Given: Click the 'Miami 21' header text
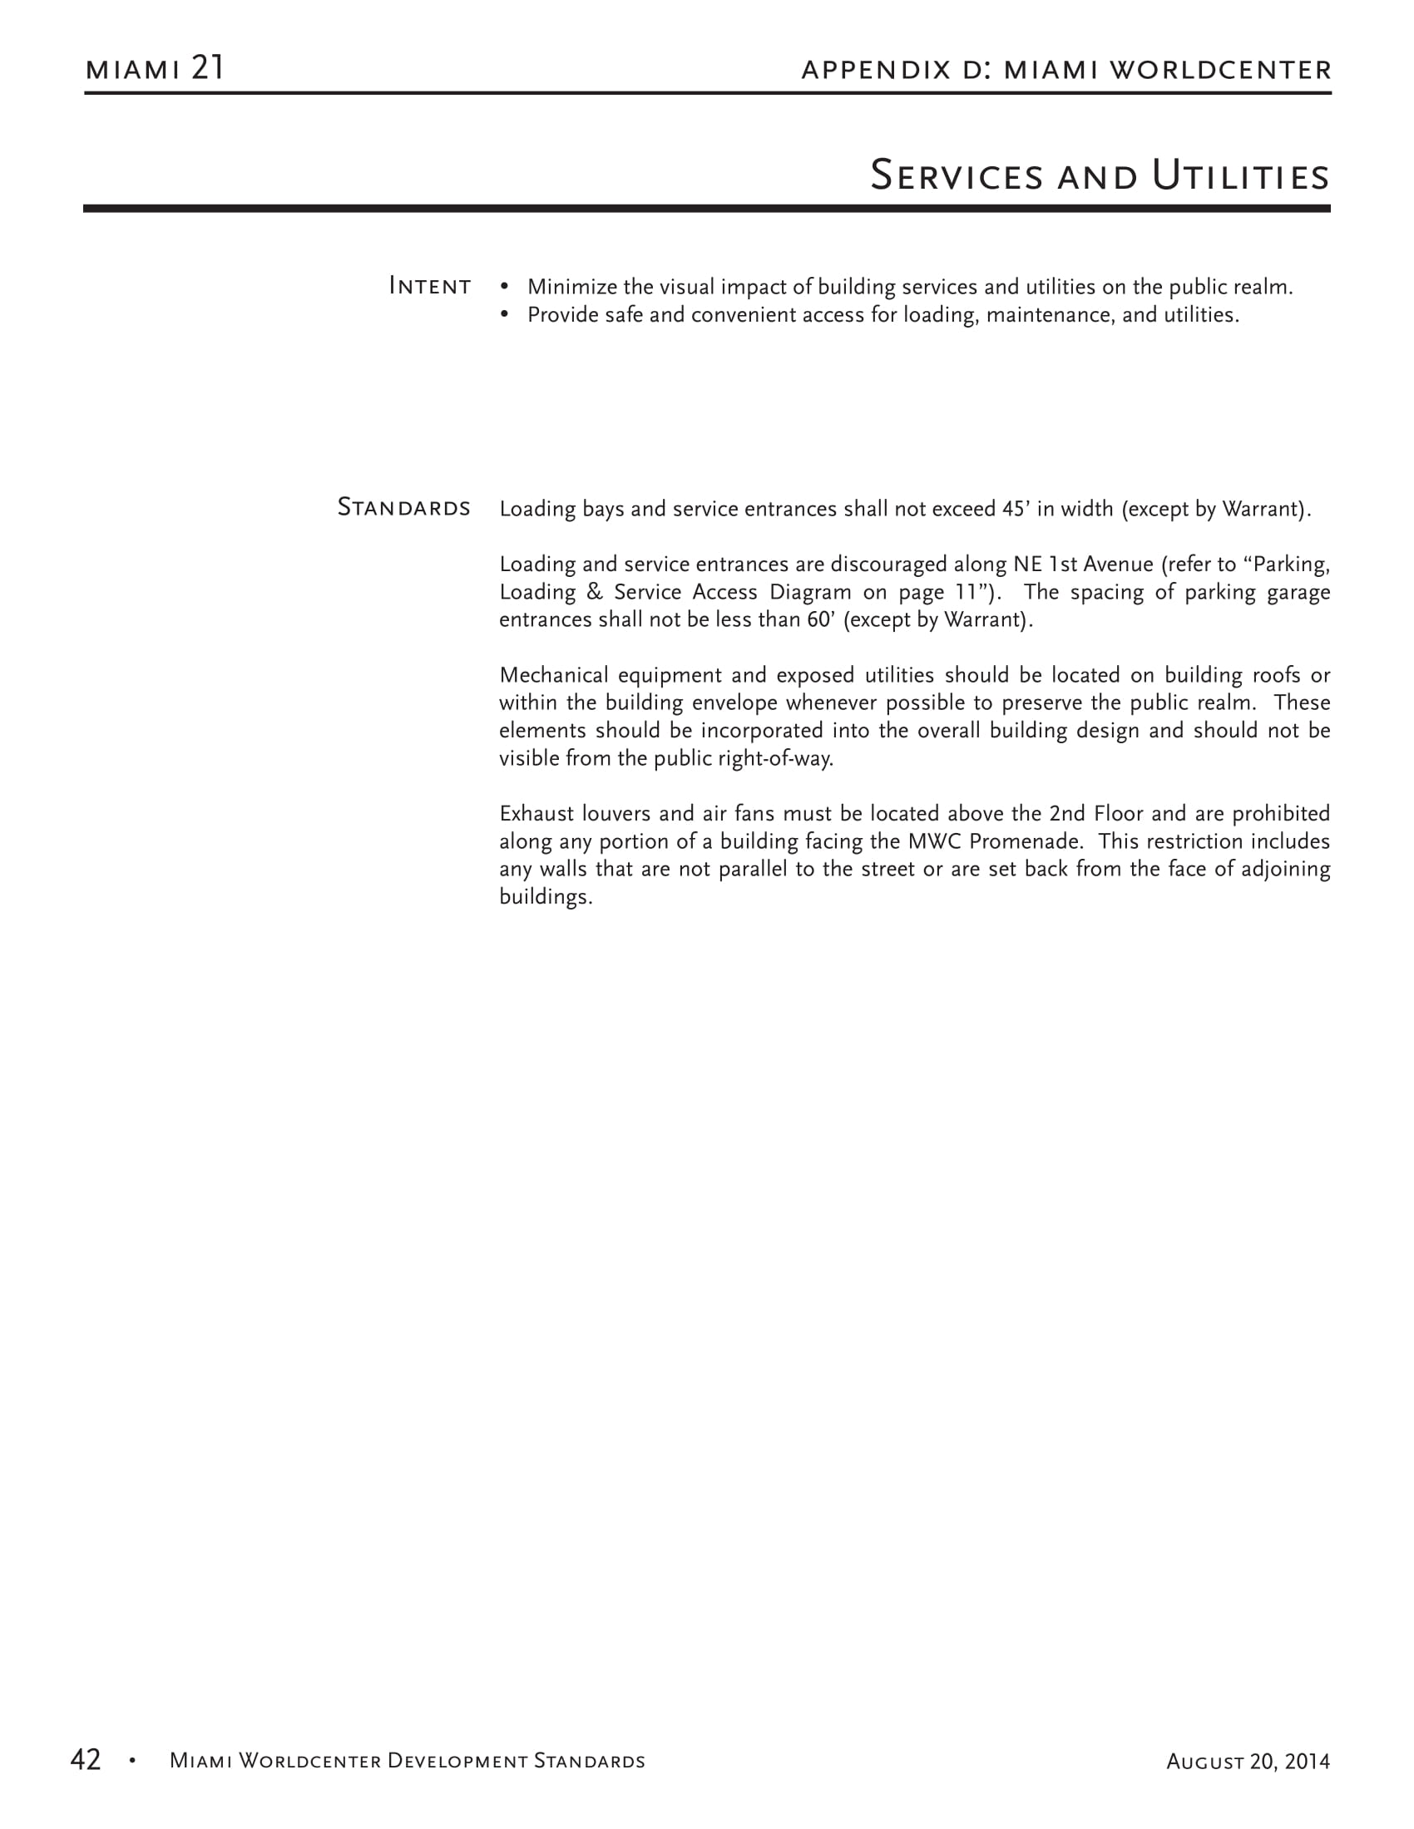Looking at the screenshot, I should (x=155, y=68).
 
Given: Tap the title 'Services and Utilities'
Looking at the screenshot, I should (x=1099, y=176).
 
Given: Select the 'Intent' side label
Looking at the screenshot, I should (x=430, y=287).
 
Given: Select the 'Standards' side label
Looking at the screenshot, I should (x=403, y=507).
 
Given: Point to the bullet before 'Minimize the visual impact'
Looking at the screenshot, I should (x=504, y=288).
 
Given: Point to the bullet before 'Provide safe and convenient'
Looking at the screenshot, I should (x=504, y=315).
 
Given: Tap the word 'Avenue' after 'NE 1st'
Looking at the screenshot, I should (x=1118, y=564).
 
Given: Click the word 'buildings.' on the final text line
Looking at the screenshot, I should (x=546, y=897).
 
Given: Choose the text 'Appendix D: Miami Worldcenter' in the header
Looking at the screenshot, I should (x=1065, y=70).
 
